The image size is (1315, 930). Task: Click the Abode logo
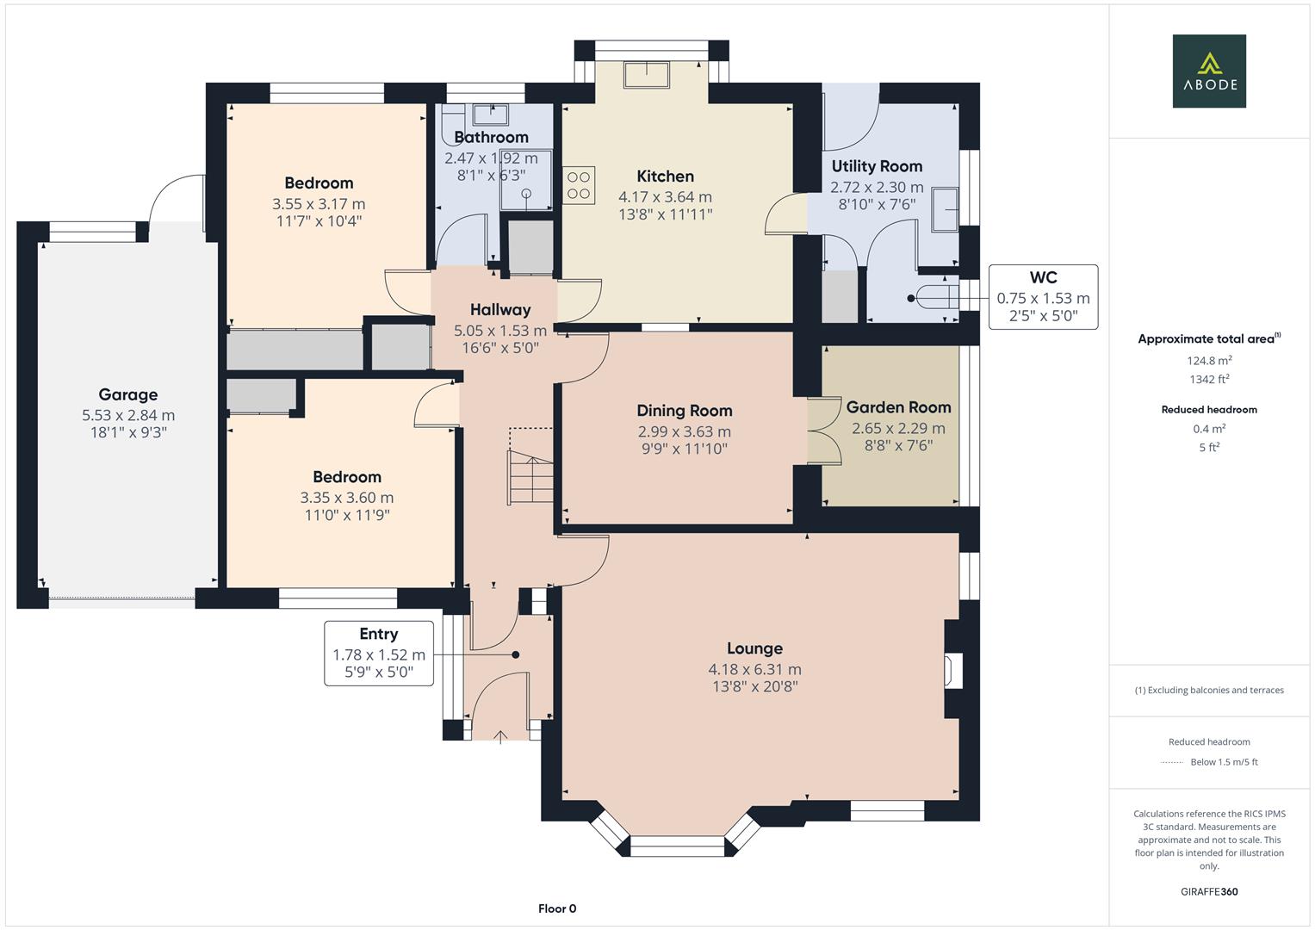click(x=1209, y=71)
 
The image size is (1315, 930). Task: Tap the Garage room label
click(x=127, y=394)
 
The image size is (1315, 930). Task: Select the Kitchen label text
click(x=665, y=177)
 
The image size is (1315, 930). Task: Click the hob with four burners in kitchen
click(x=579, y=184)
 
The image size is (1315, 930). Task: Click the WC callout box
click(x=1043, y=297)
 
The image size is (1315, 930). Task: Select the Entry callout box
click(x=378, y=654)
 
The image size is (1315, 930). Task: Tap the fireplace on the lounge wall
click(x=953, y=671)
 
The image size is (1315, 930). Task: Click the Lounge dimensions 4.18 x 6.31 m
click(x=754, y=669)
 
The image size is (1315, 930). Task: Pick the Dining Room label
click(x=684, y=411)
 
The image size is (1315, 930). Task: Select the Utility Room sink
click(x=945, y=209)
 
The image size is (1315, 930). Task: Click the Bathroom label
click(x=491, y=137)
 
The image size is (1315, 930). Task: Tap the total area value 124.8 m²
click(x=1208, y=361)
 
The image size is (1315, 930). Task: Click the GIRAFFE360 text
click(x=1208, y=891)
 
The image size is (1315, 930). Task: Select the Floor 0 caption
click(x=557, y=908)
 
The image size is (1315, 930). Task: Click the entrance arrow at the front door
click(x=500, y=735)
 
